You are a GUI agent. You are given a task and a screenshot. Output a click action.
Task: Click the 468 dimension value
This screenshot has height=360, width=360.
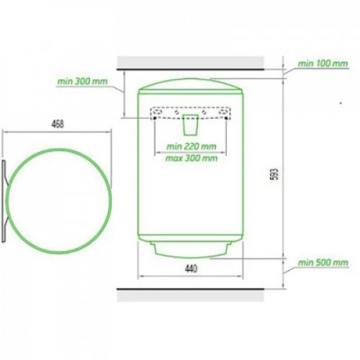[x=58, y=124]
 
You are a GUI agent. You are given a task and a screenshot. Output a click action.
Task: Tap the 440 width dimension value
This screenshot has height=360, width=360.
[x=191, y=269]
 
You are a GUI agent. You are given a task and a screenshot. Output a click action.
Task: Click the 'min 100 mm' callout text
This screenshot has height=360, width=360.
[x=323, y=63]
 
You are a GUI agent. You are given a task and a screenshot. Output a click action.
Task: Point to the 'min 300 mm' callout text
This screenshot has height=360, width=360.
[x=82, y=81]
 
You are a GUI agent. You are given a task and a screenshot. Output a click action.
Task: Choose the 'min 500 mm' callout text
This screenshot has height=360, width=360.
[x=323, y=262]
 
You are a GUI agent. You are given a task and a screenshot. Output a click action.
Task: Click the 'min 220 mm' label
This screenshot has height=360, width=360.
[x=192, y=146]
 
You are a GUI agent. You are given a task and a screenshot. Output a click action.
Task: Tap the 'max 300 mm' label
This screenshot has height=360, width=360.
[x=192, y=158]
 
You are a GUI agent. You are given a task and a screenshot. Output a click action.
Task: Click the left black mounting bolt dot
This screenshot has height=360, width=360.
[x=155, y=118]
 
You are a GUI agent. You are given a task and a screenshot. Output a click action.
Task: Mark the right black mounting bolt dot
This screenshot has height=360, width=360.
[x=226, y=118]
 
